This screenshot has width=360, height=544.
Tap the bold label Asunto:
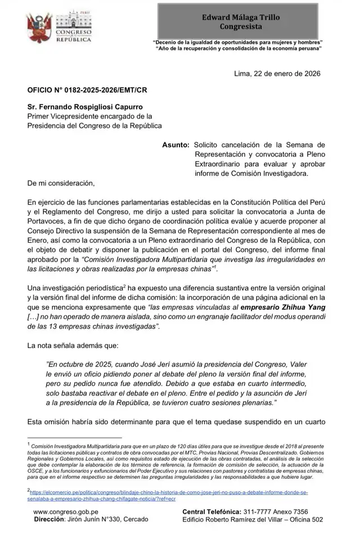pyautogui.click(x=175, y=144)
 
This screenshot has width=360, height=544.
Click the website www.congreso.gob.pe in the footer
pyautogui.click(x=66, y=512)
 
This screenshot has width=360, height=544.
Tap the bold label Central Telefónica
pyautogui.click(x=211, y=512)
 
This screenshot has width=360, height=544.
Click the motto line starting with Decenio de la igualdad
pyautogui.click(x=237, y=43)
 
